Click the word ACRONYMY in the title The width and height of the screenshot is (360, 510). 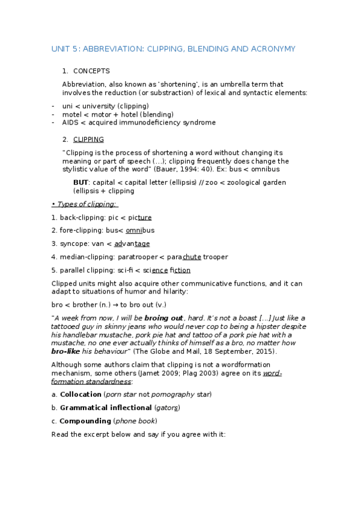273,48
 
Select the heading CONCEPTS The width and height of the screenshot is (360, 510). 91,71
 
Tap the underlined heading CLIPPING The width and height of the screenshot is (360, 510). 88,140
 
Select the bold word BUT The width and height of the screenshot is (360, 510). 81,182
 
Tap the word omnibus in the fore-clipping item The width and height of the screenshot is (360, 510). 140,230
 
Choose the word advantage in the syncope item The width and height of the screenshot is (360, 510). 132,244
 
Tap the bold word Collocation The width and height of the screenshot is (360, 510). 81,394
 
